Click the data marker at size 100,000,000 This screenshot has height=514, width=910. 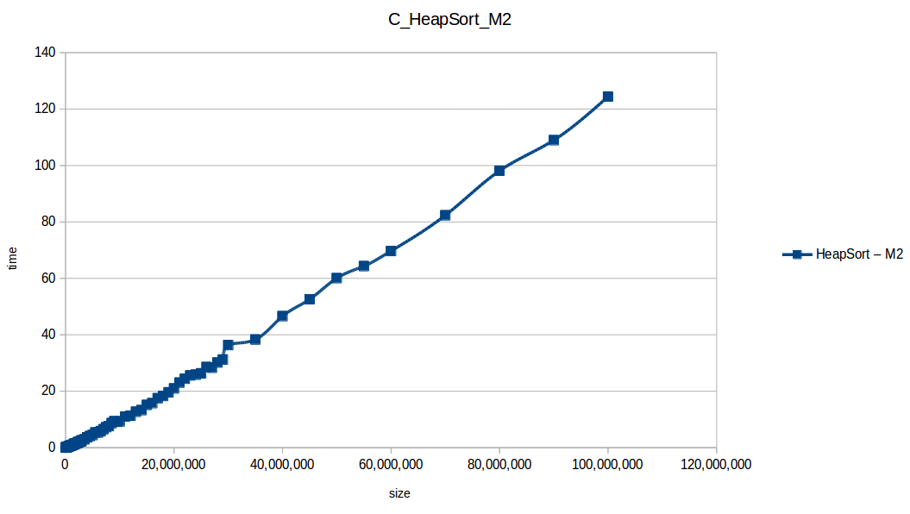(607, 97)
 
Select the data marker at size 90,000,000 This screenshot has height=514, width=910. (554, 140)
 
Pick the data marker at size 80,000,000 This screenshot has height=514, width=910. (499, 171)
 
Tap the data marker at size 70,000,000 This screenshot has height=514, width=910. (445, 215)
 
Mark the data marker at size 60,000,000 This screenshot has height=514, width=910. (391, 251)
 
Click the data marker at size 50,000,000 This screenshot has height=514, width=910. (336, 278)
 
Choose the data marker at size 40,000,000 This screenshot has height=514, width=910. (282, 316)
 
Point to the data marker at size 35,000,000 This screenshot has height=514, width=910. (255, 339)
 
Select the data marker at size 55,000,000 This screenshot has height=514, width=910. (364, 266)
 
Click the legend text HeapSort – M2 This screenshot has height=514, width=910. (859, 254)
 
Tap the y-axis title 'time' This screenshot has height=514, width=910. (12, 257)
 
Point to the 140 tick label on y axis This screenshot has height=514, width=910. (45, 53)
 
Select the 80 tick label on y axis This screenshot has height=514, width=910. (48, 222)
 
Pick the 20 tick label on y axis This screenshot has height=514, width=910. (48, 391)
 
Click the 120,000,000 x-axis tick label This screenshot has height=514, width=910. (716, 465)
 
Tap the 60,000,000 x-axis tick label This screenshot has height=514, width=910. (391, 465)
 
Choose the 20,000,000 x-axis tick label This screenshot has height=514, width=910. (173, 465)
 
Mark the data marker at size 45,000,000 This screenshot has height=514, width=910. (310, 299)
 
